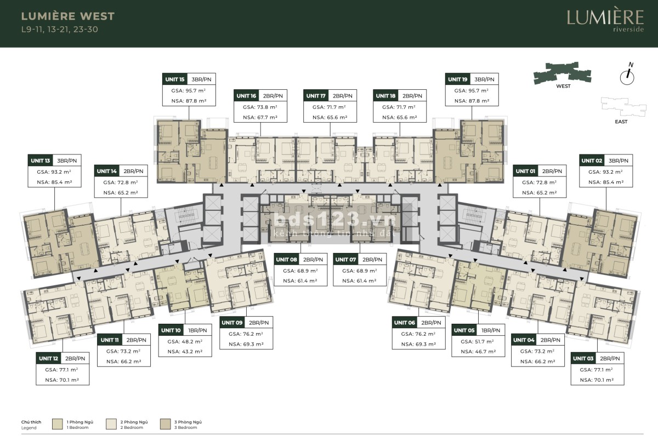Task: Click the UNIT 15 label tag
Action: coord(175,79)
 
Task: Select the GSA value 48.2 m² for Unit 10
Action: coord(185,342)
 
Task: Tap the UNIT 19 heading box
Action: coord(458,79)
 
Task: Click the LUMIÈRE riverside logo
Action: coord(605,20)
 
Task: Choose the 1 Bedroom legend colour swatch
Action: coord(57,424)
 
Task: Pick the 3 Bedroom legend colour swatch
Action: coord(166,424)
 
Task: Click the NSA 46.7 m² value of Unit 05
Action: coord(478,352)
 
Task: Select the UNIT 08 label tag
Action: coord(286,260)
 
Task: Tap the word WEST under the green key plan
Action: coord(563,86)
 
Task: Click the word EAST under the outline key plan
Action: coord(621,122)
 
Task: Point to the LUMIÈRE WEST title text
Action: coord(68,16)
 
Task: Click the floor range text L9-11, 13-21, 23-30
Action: coord(60,30)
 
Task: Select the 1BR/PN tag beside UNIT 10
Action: coord(197,330)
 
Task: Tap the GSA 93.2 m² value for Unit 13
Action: coord(55,172)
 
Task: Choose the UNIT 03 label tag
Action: coord(583,358)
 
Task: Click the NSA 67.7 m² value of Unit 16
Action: coord(260,117)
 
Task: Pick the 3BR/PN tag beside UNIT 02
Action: coord(619,161)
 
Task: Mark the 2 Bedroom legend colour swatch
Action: coord(111,424)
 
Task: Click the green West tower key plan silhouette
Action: coord(562,73)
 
